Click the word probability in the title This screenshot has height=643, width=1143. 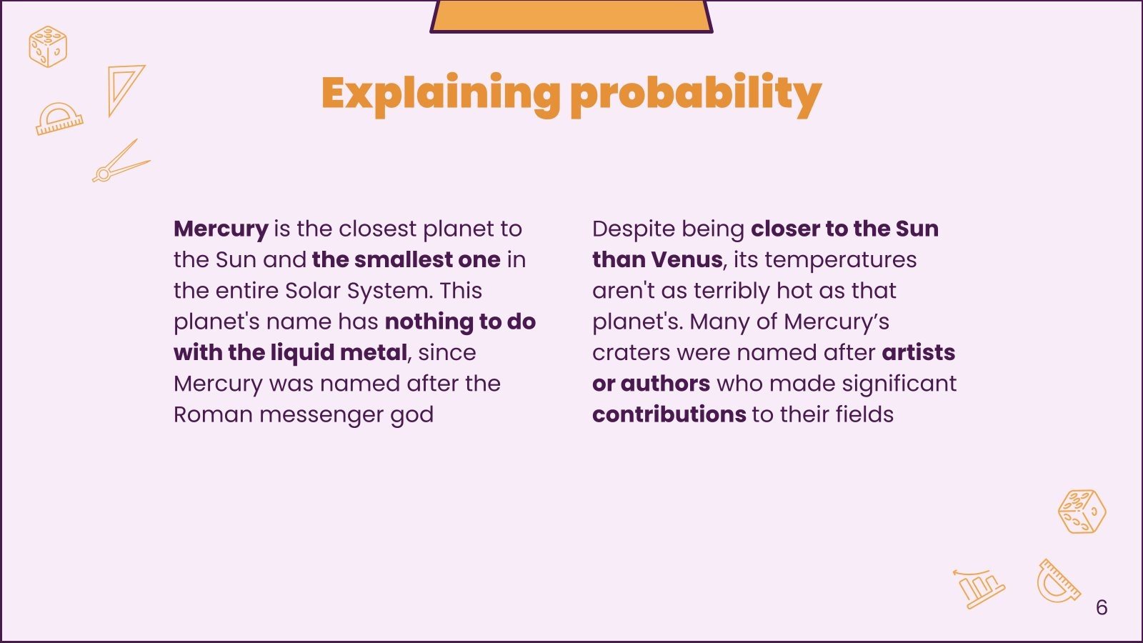click(x=696, y=94)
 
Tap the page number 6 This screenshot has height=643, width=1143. click(x=1101, y=607)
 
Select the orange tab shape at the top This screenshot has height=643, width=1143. click(x=571, y=16)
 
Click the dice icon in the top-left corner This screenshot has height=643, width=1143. click(x=48, y=46)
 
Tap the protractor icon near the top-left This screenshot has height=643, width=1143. click(x=59, y=119)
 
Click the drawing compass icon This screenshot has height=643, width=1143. click(x=120, y=162)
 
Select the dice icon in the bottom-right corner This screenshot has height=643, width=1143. click(x=1082, y=512)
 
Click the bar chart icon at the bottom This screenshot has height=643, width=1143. click(x=979, y=587)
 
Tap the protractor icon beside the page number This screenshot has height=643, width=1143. click(x=1058, y=582)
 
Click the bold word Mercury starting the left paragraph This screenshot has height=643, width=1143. click(x=220, y=229)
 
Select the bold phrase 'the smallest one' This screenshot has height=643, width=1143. click(x=406, y=259)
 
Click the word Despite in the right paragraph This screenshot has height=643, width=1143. click(x=632, y=229)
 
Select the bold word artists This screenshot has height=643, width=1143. click(x=918, y=352)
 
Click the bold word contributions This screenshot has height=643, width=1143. click(x=669, y=414)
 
